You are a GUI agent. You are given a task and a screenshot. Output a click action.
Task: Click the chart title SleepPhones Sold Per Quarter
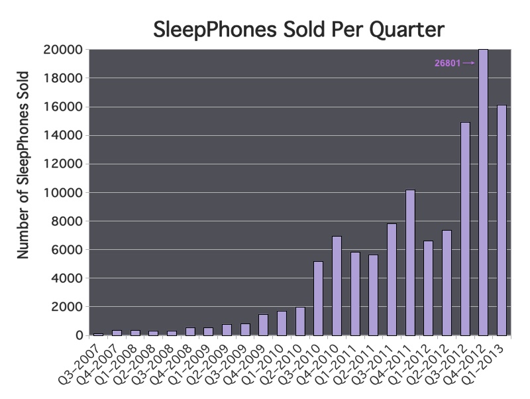tap(299, 29)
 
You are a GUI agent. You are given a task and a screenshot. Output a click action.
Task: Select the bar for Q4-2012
tap(484, 192)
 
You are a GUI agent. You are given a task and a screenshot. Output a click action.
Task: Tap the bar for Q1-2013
tap(502, 220)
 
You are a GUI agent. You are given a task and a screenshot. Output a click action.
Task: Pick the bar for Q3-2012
tap(465, 229)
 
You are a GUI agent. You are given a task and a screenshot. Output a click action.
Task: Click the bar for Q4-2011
tap(410, 262)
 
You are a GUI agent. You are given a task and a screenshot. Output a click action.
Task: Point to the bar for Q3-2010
tap(319, 298)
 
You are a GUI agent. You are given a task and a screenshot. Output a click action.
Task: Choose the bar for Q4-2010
tap(337, 286)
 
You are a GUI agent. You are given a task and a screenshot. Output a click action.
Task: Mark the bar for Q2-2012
tap(447, 283)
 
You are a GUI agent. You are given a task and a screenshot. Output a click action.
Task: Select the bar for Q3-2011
tap(392, 280)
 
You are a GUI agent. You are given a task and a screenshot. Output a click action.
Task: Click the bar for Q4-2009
tap(263, 325)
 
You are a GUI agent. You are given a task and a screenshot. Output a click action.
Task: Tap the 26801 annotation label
tap(448, 63)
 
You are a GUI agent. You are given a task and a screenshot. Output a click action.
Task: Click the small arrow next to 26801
tap(469, 63)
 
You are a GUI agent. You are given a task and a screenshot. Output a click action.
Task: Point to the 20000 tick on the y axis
tap(63, 50)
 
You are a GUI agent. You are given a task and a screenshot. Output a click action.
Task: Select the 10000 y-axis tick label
tap(63, 193)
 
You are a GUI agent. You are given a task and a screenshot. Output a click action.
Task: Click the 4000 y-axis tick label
tap(67, 278)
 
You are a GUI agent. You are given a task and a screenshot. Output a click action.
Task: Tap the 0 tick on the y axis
tap(79, 335)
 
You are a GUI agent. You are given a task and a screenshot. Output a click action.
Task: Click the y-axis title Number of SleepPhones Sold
tap(23, 165)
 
